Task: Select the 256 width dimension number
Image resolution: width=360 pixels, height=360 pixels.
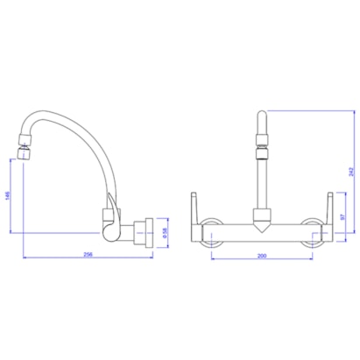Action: click(x=88, y=254)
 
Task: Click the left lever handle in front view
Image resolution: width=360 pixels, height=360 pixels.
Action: click(x=196, y=208)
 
